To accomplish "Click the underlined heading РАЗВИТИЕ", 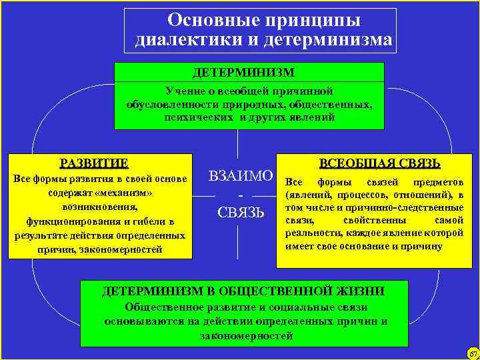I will [94, 163].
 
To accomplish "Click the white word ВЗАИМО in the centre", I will [241, 177].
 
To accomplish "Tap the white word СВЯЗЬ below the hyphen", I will [241, 213].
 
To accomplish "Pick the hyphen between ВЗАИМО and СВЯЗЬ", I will [240, 195].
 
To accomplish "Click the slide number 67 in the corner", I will [473, 353].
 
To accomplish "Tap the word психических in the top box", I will [193, 117].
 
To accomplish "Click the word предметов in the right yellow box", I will [437, 182].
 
